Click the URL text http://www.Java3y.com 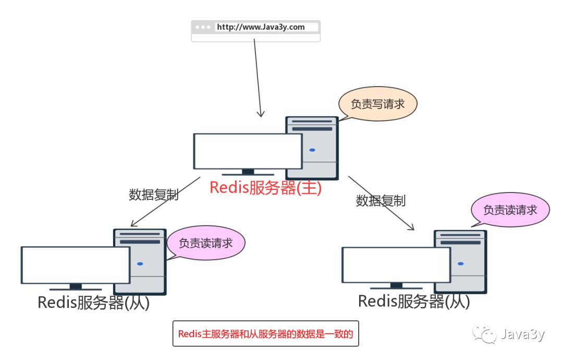[261, 27]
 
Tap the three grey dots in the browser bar [203, 27]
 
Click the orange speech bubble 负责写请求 [378, 104]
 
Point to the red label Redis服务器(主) [265, 188]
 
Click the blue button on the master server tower [312, 150]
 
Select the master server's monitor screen [248, 151]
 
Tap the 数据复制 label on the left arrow [154, 195]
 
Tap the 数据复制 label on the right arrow [381, 201]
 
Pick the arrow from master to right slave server [381, 203]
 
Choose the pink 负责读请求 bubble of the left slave [205, 243]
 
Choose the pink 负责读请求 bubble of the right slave [510, 210]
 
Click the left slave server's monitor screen [75, 265]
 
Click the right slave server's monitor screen [396, 265]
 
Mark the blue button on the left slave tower [140, 263]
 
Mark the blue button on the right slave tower [460, 263]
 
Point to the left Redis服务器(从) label [93, 303]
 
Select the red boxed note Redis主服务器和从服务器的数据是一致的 [265, 334]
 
